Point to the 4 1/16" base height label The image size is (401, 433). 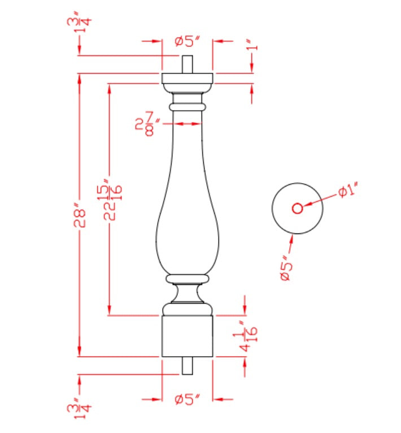(x=245, y=336)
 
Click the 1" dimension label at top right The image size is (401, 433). (x=252, y=45)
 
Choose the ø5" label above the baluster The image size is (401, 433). (x=187, y=41)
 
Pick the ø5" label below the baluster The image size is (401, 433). (x=187, y=399)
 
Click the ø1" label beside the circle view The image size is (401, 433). (x=348, y=189)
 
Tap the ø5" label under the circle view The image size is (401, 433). (x=286, y=268)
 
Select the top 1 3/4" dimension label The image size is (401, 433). (x=79, y=23)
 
